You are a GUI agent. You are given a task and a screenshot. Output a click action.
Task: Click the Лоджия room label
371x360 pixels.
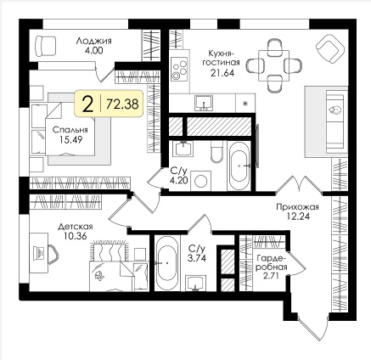click(x=93, y=42)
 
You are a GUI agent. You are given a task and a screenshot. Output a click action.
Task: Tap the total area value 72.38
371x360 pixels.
click(x=122, y=104)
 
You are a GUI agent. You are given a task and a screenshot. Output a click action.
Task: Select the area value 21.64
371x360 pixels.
click(x=222, y=73)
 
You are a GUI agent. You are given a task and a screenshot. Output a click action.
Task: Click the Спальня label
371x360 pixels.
click(x=70, y=130)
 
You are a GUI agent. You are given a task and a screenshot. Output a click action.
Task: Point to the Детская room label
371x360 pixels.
click(x=76, y=227)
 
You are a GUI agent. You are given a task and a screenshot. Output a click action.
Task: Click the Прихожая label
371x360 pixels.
click(x=297, y=207)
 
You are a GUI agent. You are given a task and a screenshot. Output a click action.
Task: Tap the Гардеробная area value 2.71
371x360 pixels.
click(x=271, y=276)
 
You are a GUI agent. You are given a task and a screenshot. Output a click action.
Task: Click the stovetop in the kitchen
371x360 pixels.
click(x=179, y=69)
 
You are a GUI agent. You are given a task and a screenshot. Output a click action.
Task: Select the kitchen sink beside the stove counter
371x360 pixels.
click(x=204, y=103)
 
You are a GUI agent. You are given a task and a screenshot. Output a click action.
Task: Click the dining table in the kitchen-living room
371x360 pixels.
click(x=273, y=65)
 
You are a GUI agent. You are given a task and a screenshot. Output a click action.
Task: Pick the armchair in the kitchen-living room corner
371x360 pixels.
click(x=329, y=48)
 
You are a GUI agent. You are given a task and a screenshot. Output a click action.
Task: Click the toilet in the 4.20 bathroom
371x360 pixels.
click(x=216, y=153)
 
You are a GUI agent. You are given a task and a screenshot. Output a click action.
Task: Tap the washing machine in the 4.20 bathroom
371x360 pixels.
click(x=200, y=181)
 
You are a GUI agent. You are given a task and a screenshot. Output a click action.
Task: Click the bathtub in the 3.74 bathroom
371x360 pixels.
click(x=167, y=263)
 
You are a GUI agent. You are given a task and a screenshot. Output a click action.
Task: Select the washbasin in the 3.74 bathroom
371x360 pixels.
click(x=196, y=284)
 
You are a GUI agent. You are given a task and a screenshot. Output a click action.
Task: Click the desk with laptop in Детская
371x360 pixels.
click(x=39, y=253)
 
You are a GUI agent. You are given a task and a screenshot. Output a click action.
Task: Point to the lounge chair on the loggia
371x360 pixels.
click(x=45, y=46)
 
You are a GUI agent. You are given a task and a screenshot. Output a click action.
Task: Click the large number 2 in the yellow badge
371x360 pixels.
click(x=88, y=104)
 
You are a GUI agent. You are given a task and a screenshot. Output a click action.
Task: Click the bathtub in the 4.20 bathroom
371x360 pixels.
click(x=239, y=166)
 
